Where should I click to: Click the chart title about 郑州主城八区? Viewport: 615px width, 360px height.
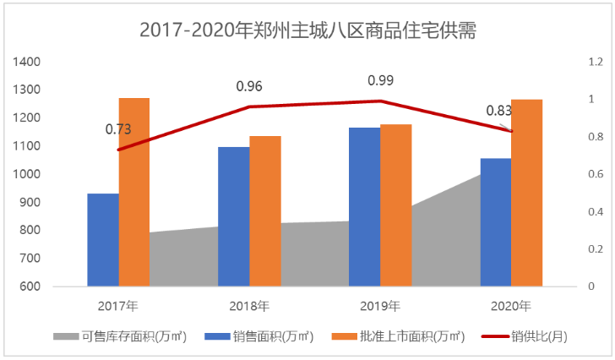click(307, 31)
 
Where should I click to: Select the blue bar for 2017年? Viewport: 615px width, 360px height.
click(103, 240)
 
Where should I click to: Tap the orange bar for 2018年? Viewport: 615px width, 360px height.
click(264, 211)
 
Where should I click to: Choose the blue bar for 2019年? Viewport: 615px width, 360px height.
click(365, 207)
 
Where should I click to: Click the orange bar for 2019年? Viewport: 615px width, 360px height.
click(395, 205)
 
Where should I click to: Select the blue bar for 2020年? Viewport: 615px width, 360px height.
click(496, 222)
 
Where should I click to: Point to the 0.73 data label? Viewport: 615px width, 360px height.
click(118, 129)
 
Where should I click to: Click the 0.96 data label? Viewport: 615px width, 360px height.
click(249, 86)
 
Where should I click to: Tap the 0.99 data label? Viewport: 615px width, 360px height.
click(381, 80)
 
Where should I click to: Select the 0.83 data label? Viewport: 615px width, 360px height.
click(499, 110)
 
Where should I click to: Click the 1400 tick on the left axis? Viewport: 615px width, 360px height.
click(27, 62)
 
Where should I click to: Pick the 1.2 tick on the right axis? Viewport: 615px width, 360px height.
click(596, 62)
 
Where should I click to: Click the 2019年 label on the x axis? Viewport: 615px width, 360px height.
click(380, 305)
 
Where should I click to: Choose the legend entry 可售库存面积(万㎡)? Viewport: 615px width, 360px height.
click(122, 336)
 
